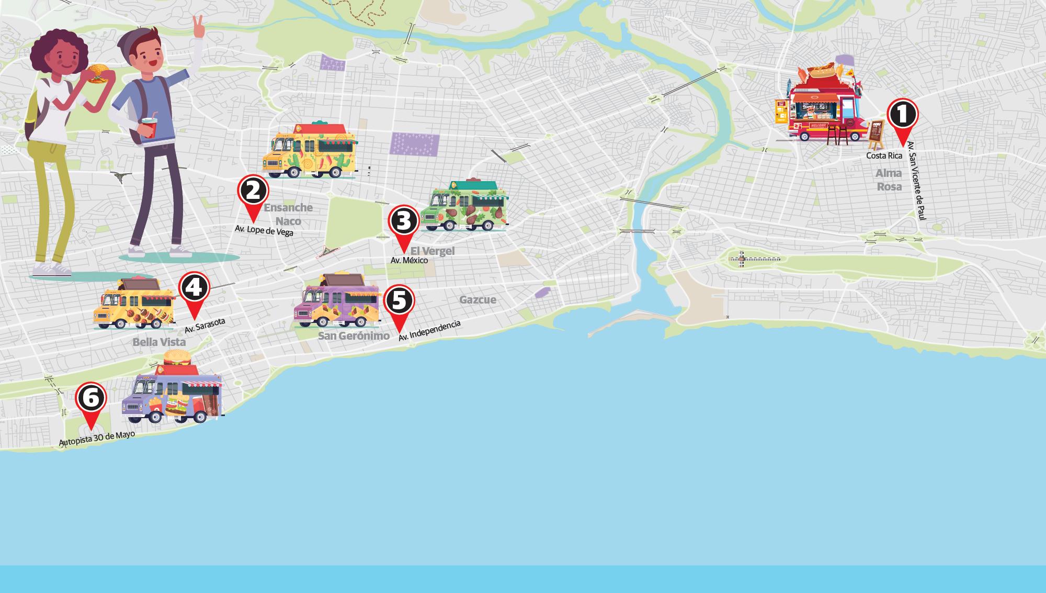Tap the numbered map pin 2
tap(253, 191)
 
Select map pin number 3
tap(403, 221)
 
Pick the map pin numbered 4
tap(194, 288)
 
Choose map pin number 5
tap(399, 300)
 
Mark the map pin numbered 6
tap(91, 399)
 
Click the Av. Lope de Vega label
tap(264, 230)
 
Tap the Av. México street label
tap(409, 260)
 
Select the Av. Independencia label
tap(429, 331)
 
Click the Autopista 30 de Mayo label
tap(97, 439)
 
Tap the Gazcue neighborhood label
tap(477, 300)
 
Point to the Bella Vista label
tap(159, 342)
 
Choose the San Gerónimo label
tap(354, 336)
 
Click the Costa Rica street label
tap(884, 156)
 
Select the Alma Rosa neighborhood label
tap(889, 180)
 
